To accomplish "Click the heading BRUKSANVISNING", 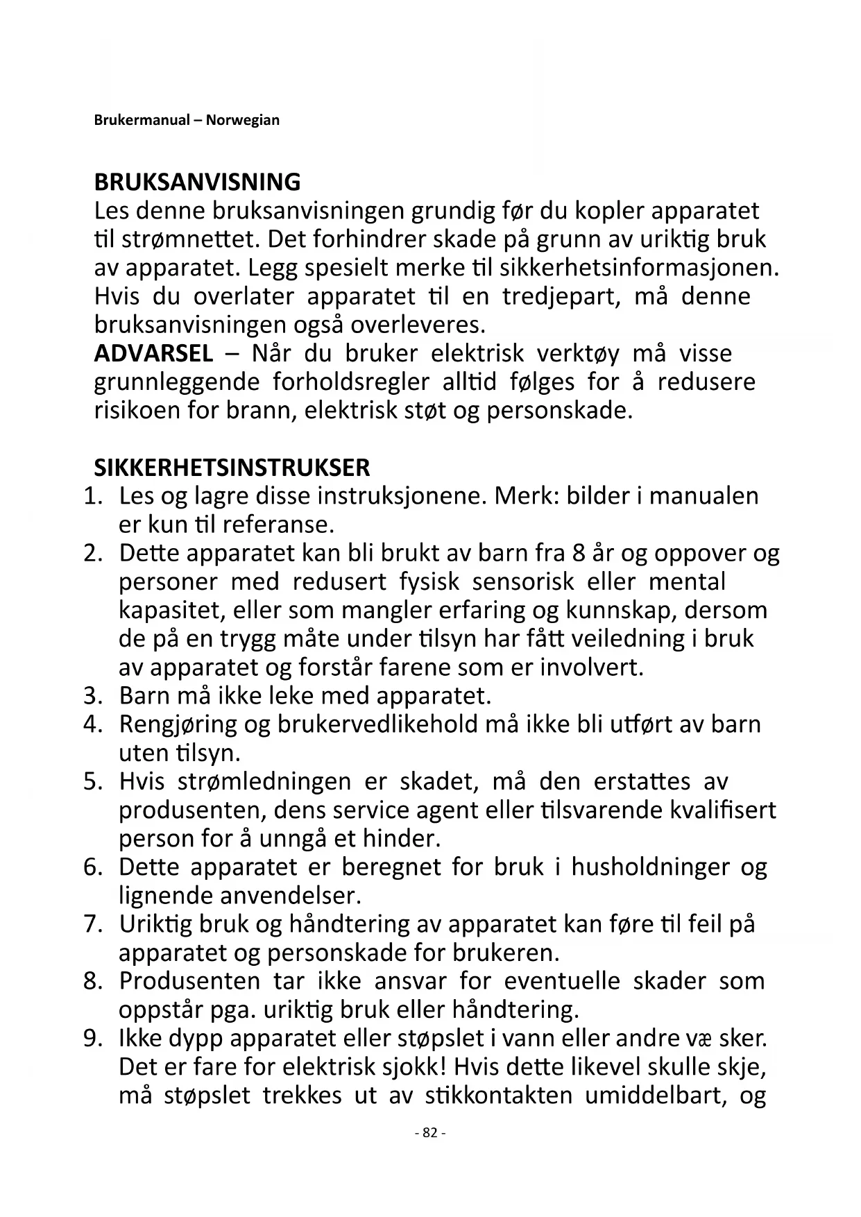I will click(197, 182).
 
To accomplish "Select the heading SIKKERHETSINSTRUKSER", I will click(232, 468).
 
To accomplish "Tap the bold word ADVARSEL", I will click(153, 354).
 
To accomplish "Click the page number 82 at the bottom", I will click(430, 1132).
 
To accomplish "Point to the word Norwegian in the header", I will click(243, 120).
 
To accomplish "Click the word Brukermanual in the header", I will click(142, 120).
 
